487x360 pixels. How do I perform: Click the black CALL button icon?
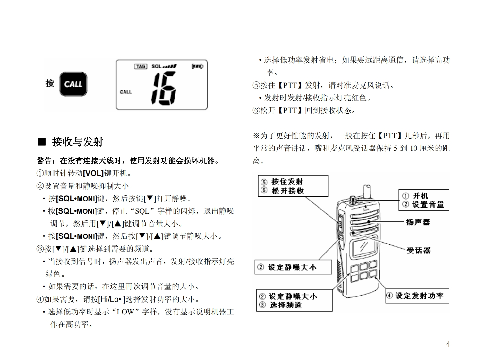73,84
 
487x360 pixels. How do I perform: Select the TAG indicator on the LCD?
141,66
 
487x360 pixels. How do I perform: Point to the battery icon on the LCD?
197,66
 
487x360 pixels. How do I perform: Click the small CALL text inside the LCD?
126,92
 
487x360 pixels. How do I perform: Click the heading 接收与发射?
78,142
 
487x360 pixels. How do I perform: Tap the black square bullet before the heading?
42,141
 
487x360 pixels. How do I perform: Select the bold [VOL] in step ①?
93,174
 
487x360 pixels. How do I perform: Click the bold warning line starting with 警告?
128,161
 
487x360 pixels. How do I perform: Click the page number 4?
448,344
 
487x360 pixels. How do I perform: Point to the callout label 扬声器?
418,222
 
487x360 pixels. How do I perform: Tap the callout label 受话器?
418,250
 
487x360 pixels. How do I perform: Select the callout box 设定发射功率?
417,296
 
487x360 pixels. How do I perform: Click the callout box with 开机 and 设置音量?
423,200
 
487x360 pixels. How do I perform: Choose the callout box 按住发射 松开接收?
294,186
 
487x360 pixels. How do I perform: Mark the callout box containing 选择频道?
294,301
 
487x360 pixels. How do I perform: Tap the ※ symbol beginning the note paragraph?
256,136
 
